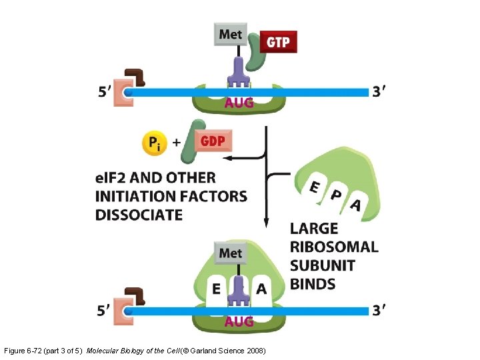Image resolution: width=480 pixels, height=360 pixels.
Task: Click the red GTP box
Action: [278, 42]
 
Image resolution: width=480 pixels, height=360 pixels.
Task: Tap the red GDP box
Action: [213, 141]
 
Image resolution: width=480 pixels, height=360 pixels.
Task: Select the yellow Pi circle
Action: [154, 143]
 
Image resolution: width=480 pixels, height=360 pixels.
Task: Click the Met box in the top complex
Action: [231, 34]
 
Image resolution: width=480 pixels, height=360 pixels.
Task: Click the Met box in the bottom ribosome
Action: [231, 254]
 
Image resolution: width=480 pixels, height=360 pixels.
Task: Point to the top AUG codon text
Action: [239, 103]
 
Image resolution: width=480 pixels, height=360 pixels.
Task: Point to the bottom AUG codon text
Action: [239, 322]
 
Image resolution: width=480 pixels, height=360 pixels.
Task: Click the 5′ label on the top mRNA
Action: [105, 93]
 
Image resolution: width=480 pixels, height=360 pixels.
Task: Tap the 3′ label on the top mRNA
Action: [379, 91]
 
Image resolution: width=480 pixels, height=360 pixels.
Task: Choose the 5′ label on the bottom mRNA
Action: [105, 311]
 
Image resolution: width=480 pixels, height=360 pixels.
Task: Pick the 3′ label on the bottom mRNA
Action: [379, 310]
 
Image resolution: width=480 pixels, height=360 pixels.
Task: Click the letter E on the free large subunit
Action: [313, 188]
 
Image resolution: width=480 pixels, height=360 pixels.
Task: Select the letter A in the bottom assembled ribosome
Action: [261, 289]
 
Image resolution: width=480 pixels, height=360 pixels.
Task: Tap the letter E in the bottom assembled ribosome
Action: [216, 289]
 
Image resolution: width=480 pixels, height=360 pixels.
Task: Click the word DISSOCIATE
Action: [139, 215]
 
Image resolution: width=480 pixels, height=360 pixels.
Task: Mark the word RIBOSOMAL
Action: [334, 247]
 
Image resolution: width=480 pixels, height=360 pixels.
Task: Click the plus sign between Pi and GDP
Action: [176, 142]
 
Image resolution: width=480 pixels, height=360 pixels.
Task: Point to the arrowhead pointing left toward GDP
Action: [225, 158]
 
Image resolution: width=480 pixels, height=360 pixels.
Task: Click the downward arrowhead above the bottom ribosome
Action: [266, 223]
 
